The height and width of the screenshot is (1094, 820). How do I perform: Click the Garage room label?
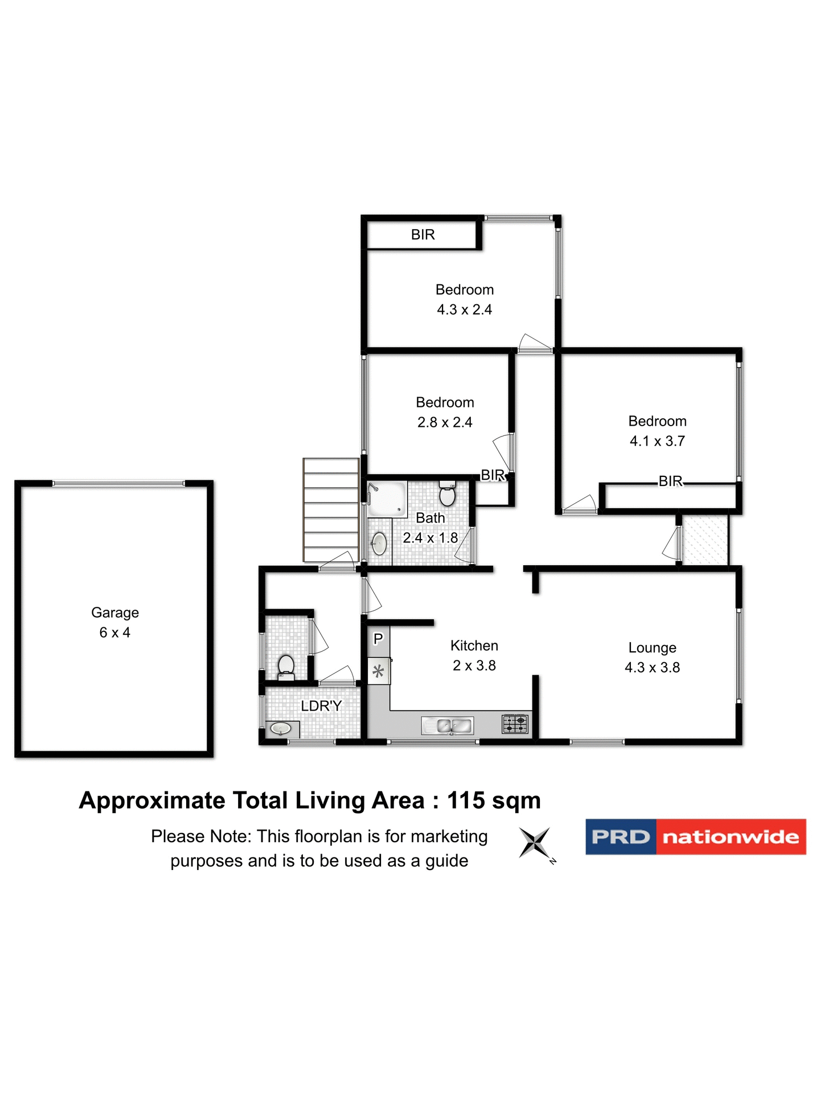click(x=114, y=613)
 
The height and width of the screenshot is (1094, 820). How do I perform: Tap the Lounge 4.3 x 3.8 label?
click(x=652, y=658)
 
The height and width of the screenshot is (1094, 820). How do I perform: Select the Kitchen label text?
click(x=474, y=646)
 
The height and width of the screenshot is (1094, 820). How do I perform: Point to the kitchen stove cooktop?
click(x=514, y=724)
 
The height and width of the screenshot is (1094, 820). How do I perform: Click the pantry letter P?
click(x=378, y=639)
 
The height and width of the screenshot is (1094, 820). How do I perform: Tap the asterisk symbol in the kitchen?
click(x=378, y=671)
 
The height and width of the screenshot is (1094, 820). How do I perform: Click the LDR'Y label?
click(x=321, y=706)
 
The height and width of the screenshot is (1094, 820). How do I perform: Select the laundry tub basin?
click(x=281, y=728)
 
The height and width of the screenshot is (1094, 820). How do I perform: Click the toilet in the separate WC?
click(x=286, y=666)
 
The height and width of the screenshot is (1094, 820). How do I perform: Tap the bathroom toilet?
click(x=448, y=494)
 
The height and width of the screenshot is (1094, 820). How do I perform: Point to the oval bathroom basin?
click(x=379, y=543)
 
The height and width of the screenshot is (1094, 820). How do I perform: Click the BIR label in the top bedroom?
click(x=423, y=235)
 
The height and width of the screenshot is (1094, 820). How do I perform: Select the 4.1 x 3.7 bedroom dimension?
click(x=657, y=441)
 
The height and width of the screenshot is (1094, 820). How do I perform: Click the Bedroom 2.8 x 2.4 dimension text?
click(x=445, y=422)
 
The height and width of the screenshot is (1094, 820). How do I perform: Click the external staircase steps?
click(x=331, y=510)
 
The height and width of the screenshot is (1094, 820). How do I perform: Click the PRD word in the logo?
click(x=620, y=837)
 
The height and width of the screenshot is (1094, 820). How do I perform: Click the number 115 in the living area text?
click(x=466, y=801)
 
